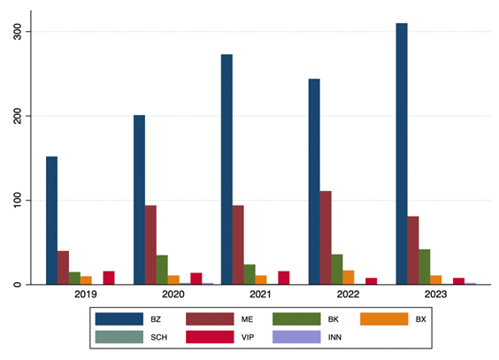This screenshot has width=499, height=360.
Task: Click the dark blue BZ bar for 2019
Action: (x=52, y=220)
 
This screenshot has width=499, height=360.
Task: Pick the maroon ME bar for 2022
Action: (x=326, y=238)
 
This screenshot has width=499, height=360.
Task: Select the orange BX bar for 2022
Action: (x=349, y=278)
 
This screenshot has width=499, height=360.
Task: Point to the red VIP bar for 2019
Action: (x=109, y=278)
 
